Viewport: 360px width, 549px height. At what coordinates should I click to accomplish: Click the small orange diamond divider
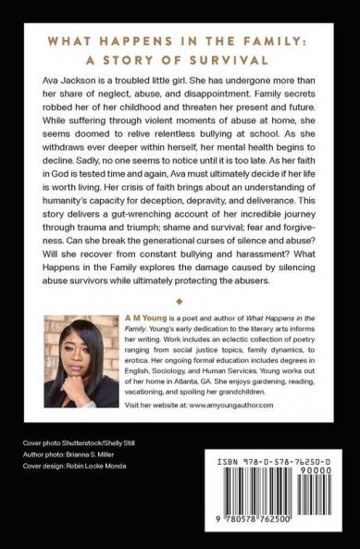click(x=180, y=302)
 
